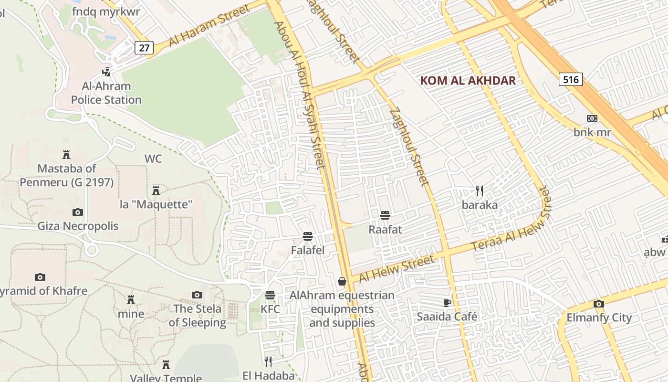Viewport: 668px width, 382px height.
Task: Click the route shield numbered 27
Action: click(144, 48)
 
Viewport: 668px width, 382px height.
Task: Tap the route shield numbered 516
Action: click(571, 79)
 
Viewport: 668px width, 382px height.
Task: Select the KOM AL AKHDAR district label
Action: click(468, 80)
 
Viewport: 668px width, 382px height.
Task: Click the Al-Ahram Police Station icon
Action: click(106, 72)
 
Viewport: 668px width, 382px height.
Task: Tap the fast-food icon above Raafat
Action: click(385, 215)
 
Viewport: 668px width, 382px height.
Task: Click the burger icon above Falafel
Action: click(308, 236)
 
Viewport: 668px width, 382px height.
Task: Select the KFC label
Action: click(270, 309)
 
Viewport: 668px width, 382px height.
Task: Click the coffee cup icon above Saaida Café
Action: click(447, 302)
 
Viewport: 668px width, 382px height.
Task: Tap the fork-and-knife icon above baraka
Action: click(480, 191)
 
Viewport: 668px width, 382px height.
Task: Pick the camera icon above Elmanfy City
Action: click(599, 304)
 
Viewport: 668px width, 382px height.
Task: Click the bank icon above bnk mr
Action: click(592, 118)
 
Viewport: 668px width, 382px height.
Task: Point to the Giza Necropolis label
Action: click(78, 226)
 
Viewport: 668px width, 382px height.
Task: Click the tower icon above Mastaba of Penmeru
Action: click(66, 154)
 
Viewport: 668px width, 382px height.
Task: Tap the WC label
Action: click(153, 159)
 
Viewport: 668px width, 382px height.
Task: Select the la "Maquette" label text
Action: click(156, 204)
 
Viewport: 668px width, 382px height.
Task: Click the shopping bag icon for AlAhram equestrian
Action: click(342, 281)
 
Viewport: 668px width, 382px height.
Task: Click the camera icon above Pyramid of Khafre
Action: click(40, 277)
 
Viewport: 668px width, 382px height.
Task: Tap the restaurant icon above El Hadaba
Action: click(268, 361)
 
